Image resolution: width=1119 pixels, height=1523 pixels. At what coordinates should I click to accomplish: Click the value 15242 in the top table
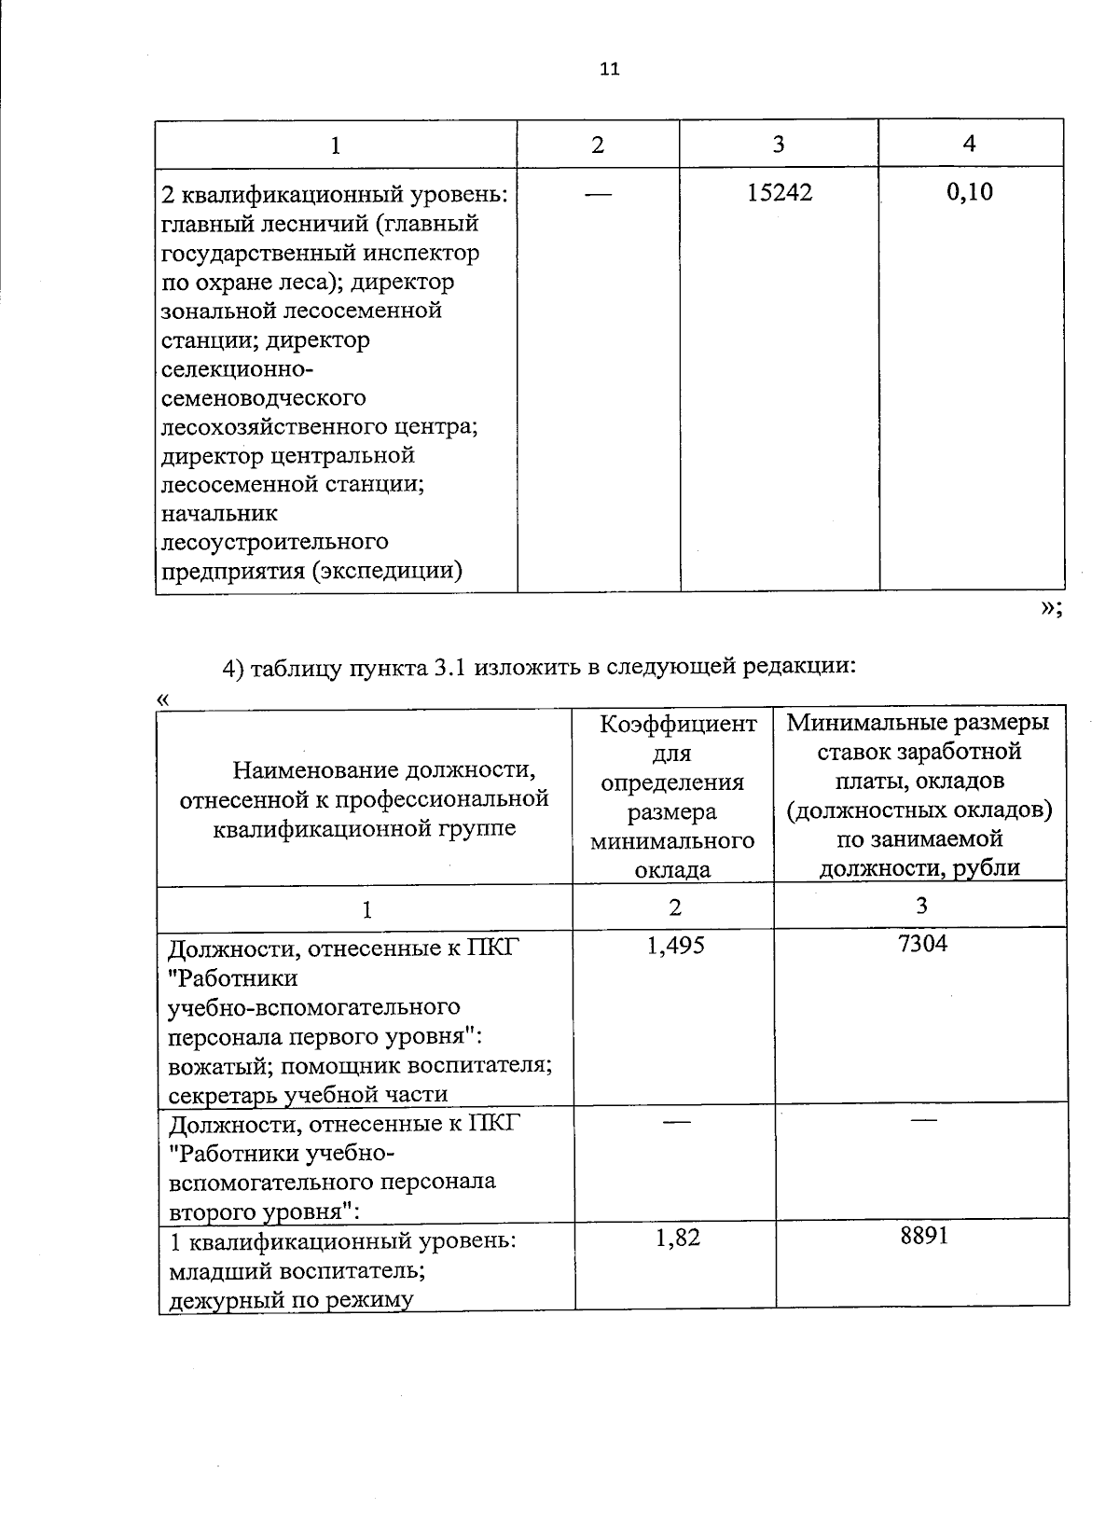point(780,193)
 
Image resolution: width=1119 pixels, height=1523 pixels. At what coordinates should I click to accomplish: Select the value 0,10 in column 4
point(970,192)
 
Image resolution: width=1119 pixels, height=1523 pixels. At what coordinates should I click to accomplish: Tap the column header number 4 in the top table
point(970,143)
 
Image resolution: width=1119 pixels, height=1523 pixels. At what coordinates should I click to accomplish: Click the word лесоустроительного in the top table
point(275,542)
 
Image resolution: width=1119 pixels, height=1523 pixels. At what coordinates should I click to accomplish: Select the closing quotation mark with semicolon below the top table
point(1050,608)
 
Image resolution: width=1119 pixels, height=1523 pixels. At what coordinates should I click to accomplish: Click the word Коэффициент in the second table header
point(678,724)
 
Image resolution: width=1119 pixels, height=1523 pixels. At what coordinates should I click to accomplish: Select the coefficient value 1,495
point(675,946)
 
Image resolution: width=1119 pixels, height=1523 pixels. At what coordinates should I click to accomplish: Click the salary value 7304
point(922,944)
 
